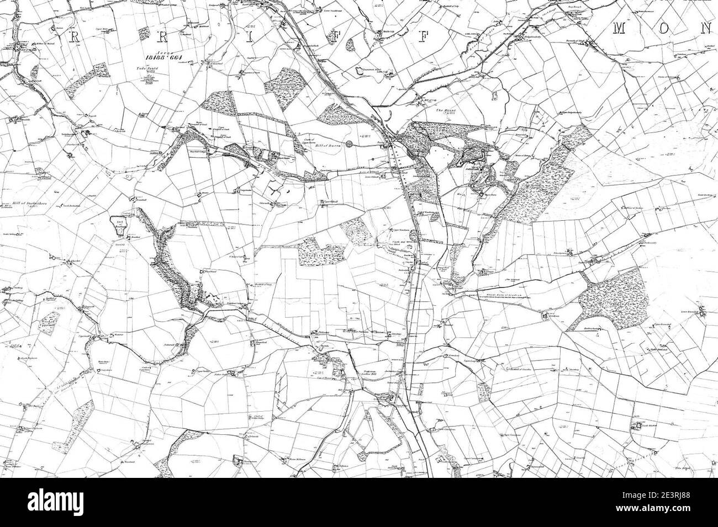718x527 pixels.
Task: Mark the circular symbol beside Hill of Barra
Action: [x=349, y=145]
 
